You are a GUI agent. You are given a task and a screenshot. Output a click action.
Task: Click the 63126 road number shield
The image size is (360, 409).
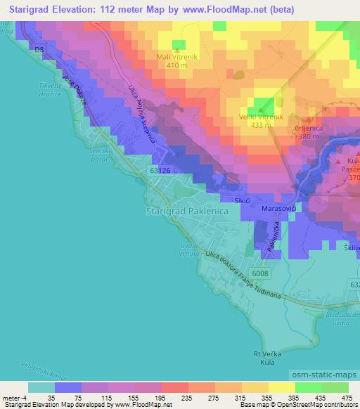[x=160, y=171]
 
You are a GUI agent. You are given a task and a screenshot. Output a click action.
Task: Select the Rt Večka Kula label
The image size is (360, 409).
[x=266, y=362]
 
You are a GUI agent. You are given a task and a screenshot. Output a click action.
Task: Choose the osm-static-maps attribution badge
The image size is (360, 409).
[x=321, y=376]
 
